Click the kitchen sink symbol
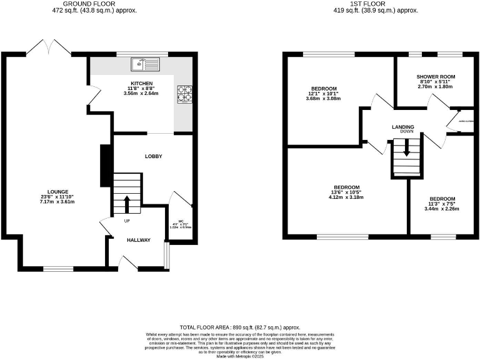tap(145, 63)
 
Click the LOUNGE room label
tap(57, 192)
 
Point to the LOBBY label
tap(154, 156)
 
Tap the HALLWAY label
tap(139, 240)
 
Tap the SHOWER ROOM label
tap(436, 77)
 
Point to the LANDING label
tap(402, 127)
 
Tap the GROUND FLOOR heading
tap(93, 4)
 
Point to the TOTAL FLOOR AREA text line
tap(240, 327)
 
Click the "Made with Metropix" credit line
tap(240, 356)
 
